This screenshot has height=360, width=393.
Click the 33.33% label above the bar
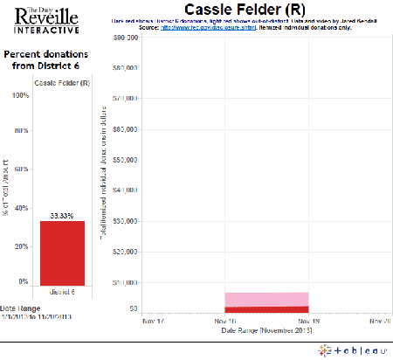tap(62, 214)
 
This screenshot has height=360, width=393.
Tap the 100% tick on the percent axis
tap(18, 96)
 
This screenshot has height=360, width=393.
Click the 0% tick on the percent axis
tap(23, 282)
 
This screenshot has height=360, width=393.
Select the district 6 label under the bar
tap(62, 292)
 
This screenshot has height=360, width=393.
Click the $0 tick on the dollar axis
tap(133, 309)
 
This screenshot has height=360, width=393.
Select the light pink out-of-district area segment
tap(266, 299)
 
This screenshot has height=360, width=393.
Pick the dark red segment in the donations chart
tap(266, 309)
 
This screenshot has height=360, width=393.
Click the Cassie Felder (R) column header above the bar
tap(61, 83)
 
